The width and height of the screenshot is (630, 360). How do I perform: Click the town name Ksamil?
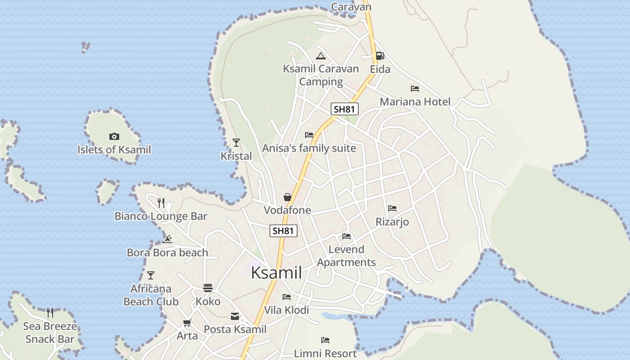point(276,273)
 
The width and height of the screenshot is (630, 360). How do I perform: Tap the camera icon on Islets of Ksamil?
point(114,136)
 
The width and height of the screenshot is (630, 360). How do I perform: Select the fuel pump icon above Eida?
point(380,56)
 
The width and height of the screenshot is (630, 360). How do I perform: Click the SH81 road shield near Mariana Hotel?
point(345,109)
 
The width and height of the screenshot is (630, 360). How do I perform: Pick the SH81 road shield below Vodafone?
point(283,231)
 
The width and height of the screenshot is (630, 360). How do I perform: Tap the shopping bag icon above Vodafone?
point(287,197)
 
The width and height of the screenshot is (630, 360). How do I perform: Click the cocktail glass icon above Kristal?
point(236,143)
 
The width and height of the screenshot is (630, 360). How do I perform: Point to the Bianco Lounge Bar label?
point(161,216)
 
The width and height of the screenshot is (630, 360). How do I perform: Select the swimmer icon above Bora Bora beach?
point(168,239)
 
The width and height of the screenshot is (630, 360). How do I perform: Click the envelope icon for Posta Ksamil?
point(235,316)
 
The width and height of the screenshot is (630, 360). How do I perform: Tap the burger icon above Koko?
point(207,288)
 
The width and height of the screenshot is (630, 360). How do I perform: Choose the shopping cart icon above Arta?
point(187,323)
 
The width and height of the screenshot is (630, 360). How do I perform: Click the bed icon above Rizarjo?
point(392,208)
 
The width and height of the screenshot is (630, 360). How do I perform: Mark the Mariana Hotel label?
point(415,102)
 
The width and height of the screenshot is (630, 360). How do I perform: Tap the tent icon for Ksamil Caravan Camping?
point(320,56)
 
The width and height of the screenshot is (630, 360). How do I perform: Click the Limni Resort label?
point(325,354)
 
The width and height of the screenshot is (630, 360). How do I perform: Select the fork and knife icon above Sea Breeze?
point(50,312)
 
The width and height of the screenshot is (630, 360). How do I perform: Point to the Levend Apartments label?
point(346,256)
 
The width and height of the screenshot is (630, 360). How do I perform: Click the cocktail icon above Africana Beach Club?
point(151,275)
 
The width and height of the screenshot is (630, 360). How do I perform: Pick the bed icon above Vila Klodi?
point(287,297)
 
